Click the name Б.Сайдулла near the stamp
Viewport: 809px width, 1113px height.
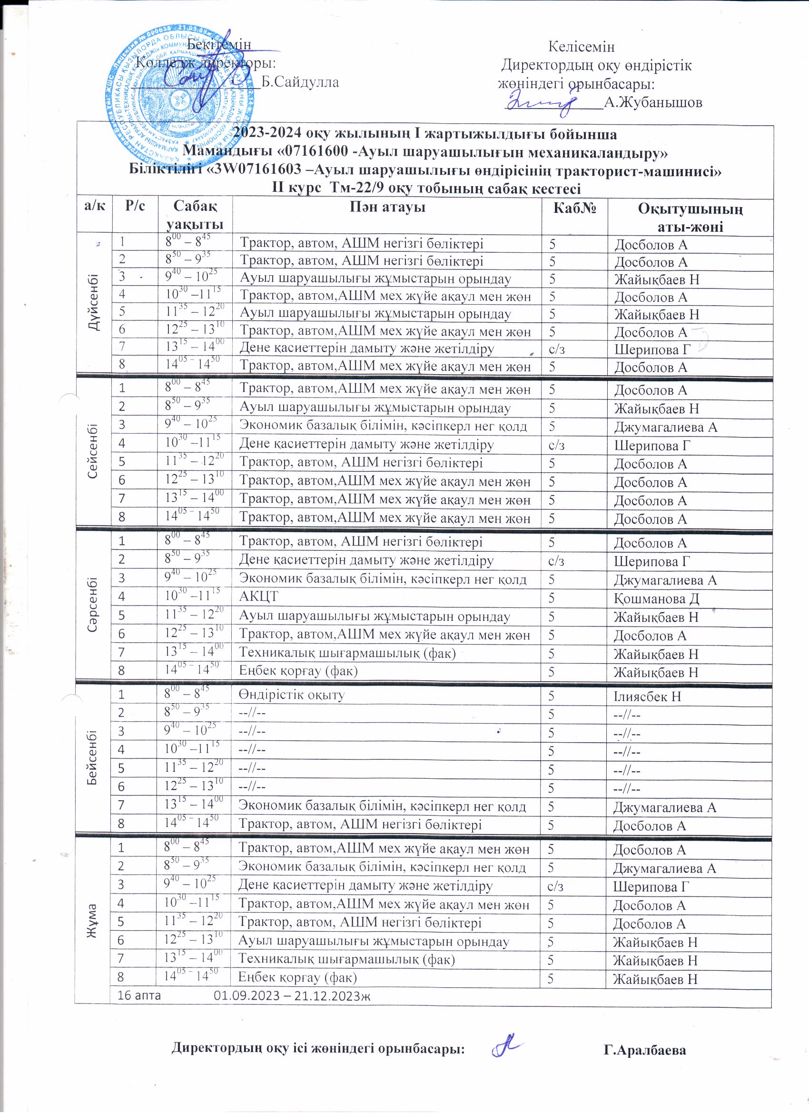(x=300, y=82)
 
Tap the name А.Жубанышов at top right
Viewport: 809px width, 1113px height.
(x=653, y=102)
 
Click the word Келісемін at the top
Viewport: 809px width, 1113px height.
(x=582, y=47)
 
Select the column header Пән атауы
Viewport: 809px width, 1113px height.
(x=387, y=208)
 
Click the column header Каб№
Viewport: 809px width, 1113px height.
(x=574, y=208)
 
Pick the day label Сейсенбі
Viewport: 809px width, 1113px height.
(x=94, y=453)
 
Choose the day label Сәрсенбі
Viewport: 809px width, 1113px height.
(x=93, y=606)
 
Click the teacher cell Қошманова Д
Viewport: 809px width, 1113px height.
(x=656, y=598)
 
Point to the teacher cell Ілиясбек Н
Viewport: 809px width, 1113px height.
(x=647, y=696)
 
